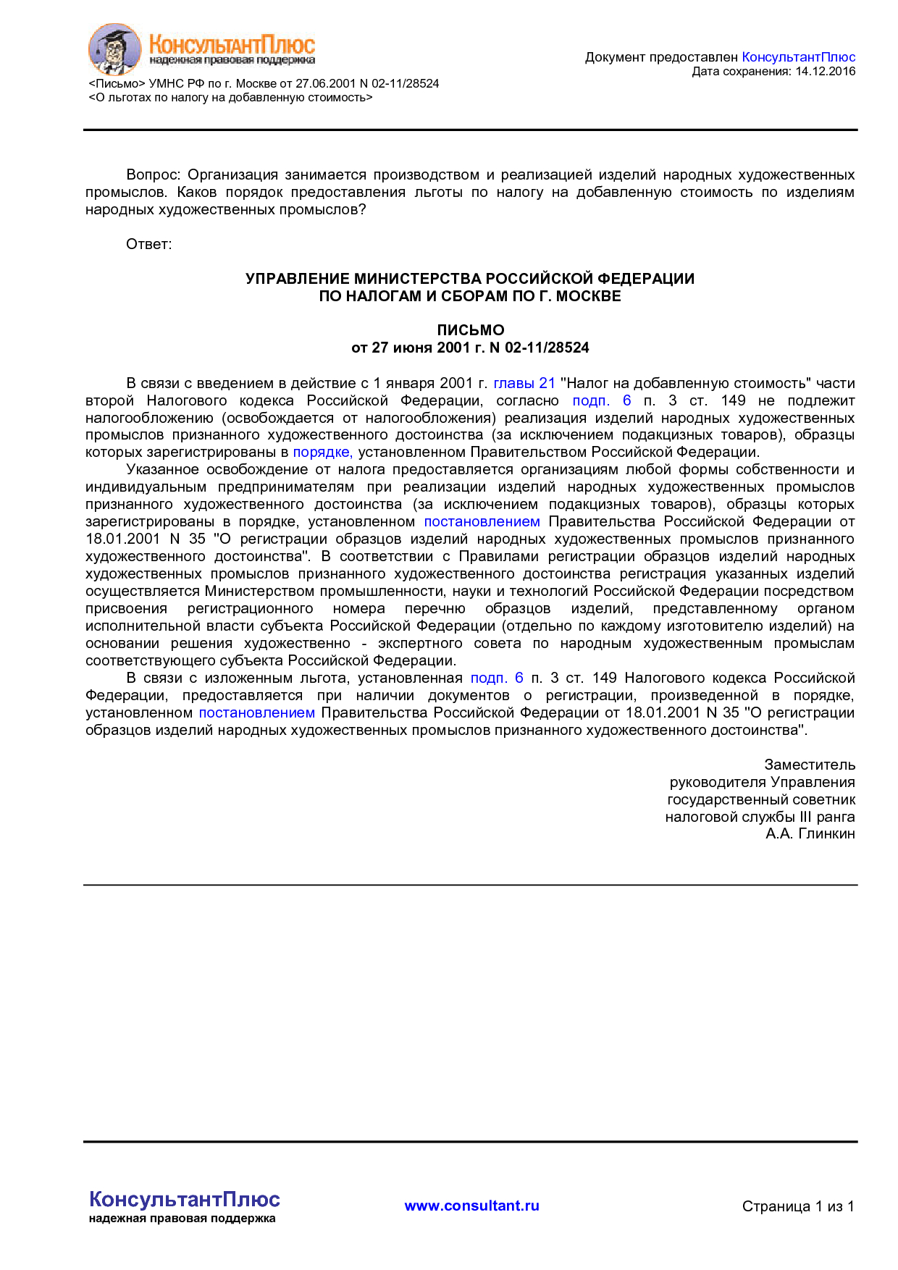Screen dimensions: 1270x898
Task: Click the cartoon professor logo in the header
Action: tap(114, 49)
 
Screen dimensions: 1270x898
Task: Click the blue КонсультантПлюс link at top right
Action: tap(798, 57)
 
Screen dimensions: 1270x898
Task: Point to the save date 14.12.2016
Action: tap(825, 72)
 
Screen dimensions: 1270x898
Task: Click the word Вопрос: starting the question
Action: tap(153, 175)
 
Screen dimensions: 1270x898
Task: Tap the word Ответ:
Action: tap(148, 245)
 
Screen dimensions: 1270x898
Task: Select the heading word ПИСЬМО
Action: tap(470, 330)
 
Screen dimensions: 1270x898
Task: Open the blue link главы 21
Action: tap(524, 383)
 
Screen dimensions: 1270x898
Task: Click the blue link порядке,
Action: tap(322, 453)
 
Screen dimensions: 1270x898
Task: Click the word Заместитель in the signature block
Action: tap(809, 765)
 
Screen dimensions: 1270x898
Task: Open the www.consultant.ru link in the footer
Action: tap(471, 1206)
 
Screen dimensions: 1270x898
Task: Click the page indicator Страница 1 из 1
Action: tap(797, 1206)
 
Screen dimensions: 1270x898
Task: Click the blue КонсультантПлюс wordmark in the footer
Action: tap(184, 1199)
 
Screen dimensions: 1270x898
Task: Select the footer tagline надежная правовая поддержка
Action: tap(182, 1219)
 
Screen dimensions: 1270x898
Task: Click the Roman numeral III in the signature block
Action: tap(805, 817)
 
